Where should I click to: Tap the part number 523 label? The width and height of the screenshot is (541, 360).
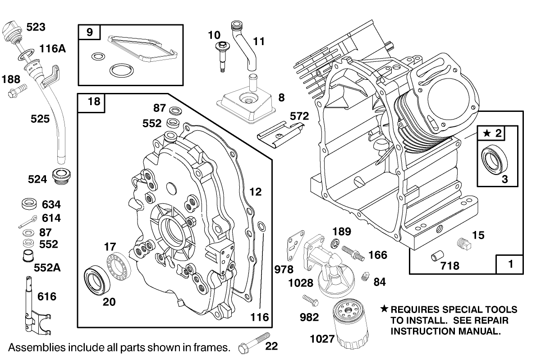(x=36, y=27)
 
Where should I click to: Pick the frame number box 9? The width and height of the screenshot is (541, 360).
(x=89, y=32)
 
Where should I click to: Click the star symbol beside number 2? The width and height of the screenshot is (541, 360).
(x=486, y=133)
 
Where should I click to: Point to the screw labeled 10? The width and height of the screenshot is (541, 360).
(x=223, y=56)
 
